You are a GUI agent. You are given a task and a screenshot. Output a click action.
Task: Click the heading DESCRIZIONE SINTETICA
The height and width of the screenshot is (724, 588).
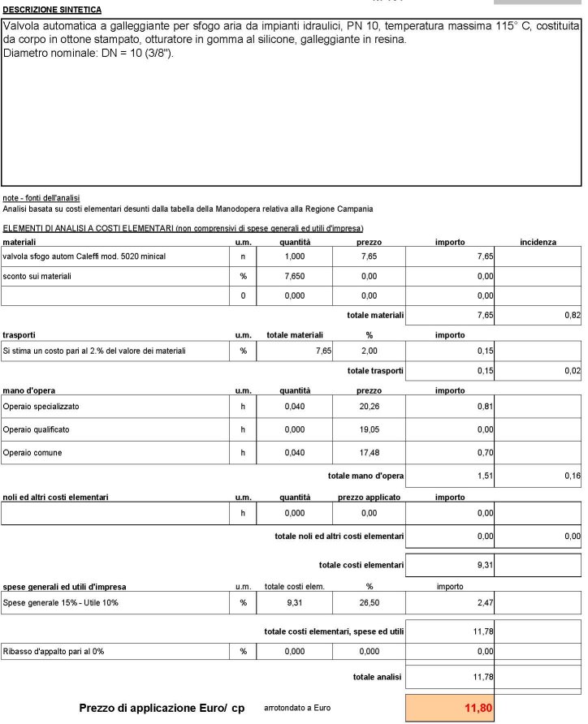(x=53, y=10)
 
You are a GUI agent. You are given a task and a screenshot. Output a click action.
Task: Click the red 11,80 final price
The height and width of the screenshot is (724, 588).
(x=478, y=709)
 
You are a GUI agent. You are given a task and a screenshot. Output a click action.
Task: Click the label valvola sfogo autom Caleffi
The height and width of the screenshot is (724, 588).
(x=84, y=256)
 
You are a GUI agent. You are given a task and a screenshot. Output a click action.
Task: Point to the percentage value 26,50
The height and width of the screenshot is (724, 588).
(x=369, y=602)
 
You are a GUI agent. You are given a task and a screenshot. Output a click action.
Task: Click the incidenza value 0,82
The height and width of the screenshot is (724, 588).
(x=573, y=315)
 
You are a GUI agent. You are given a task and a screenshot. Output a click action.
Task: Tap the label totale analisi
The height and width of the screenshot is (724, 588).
(x=378, y=677)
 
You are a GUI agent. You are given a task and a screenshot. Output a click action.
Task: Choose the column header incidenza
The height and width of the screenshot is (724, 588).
(x=538, y=242)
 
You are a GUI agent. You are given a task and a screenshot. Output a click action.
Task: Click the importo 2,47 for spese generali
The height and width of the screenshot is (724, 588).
(x=485, y=602)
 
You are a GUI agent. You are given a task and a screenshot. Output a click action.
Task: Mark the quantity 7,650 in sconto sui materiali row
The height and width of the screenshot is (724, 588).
(x=294, y=276)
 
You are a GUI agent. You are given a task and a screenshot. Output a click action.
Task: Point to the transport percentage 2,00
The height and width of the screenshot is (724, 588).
(x=369, y=351)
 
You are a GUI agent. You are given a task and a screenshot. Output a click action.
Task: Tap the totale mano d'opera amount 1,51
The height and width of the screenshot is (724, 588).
(x=485, y=476)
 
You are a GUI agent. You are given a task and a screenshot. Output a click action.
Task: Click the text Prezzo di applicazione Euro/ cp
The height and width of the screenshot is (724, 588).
(x=162, y=708)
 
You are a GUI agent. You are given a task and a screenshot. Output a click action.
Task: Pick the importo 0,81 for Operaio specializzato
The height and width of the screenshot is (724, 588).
(x=485, y=406)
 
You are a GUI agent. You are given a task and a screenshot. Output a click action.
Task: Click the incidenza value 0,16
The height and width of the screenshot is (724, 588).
(x=573, y=476)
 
